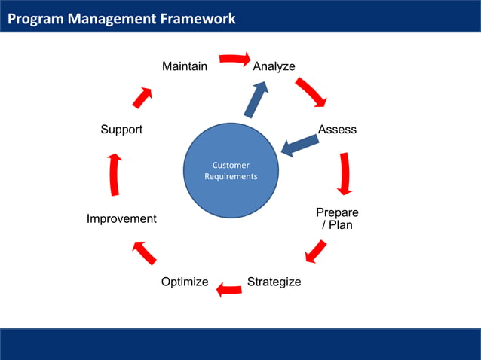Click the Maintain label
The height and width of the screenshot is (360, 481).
[x=185, y=66]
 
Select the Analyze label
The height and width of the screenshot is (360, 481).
[x=274, y=66]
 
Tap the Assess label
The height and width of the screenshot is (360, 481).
[x=337, y=130]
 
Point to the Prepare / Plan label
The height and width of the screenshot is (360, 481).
[x=337, y=218]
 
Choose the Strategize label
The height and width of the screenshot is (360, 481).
[x=274, y=282]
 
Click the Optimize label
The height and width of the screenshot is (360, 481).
[x=185, y=282]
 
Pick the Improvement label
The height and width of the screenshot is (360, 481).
[x=121, y=218]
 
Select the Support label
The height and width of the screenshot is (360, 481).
[x=121, y=130]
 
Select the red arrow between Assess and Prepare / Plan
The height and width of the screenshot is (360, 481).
[x=345, y=174]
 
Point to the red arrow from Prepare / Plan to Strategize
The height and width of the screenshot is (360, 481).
[x=317, y=251]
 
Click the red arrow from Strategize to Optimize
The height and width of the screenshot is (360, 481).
[x=229, y=288]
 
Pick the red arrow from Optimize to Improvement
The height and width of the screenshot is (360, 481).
[x=144, y=252]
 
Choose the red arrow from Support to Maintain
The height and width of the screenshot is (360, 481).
[x=143, y=96]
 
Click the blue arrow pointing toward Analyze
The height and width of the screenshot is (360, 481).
[x=256, y=99]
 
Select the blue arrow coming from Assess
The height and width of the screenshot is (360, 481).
[x=299, y=145]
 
